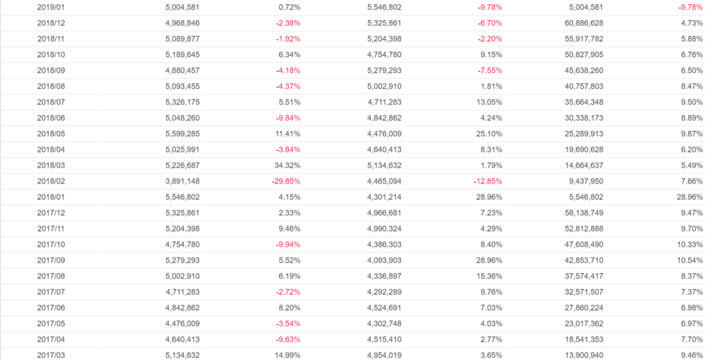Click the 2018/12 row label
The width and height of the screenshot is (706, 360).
tap(51, 23)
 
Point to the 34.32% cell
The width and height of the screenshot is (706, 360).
tap(286, 166)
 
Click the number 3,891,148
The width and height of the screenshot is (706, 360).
tap(183, 181)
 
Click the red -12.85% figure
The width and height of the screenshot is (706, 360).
tap(485, 181)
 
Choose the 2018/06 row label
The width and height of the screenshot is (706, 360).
tap(51, 118)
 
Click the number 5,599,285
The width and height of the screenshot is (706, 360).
tap(183, 134)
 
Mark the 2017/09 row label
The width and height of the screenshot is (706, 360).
tap(51, 261)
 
